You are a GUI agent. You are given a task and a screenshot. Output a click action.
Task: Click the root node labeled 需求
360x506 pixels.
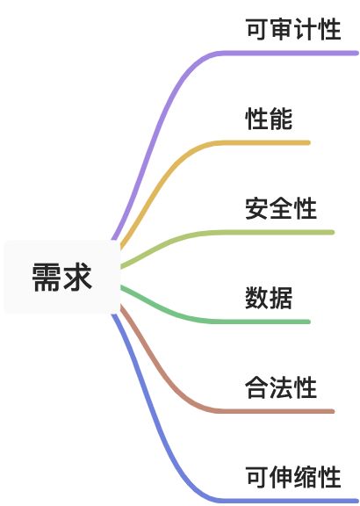coord(62,278)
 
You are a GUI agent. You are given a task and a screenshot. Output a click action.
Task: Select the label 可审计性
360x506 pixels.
coord(293,29)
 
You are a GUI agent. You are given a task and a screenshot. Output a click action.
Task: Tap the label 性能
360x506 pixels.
coord(269,119)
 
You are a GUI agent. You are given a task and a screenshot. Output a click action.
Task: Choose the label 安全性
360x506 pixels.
coord(281,208)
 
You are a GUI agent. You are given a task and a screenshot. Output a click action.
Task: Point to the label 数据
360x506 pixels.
coord(269,298)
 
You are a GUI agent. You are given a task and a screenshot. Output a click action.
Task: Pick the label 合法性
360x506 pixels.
coord(281,387)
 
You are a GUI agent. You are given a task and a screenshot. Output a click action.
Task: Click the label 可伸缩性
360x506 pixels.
coord(293,477)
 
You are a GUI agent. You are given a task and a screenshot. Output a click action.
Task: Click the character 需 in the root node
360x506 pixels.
coord(46,278)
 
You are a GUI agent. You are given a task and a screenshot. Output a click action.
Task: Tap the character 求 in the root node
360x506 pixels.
coord(77,278)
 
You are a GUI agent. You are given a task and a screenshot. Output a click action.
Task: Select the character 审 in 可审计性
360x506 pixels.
coord(281,29)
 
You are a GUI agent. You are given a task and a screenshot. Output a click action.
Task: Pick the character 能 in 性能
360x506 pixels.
coord(281,119)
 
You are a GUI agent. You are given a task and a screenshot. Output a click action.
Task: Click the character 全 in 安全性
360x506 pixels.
coord(281,208)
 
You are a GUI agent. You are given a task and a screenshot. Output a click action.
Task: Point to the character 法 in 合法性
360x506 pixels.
coord(281,387)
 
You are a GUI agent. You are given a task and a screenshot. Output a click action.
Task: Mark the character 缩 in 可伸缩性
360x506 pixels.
coord(306,477)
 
